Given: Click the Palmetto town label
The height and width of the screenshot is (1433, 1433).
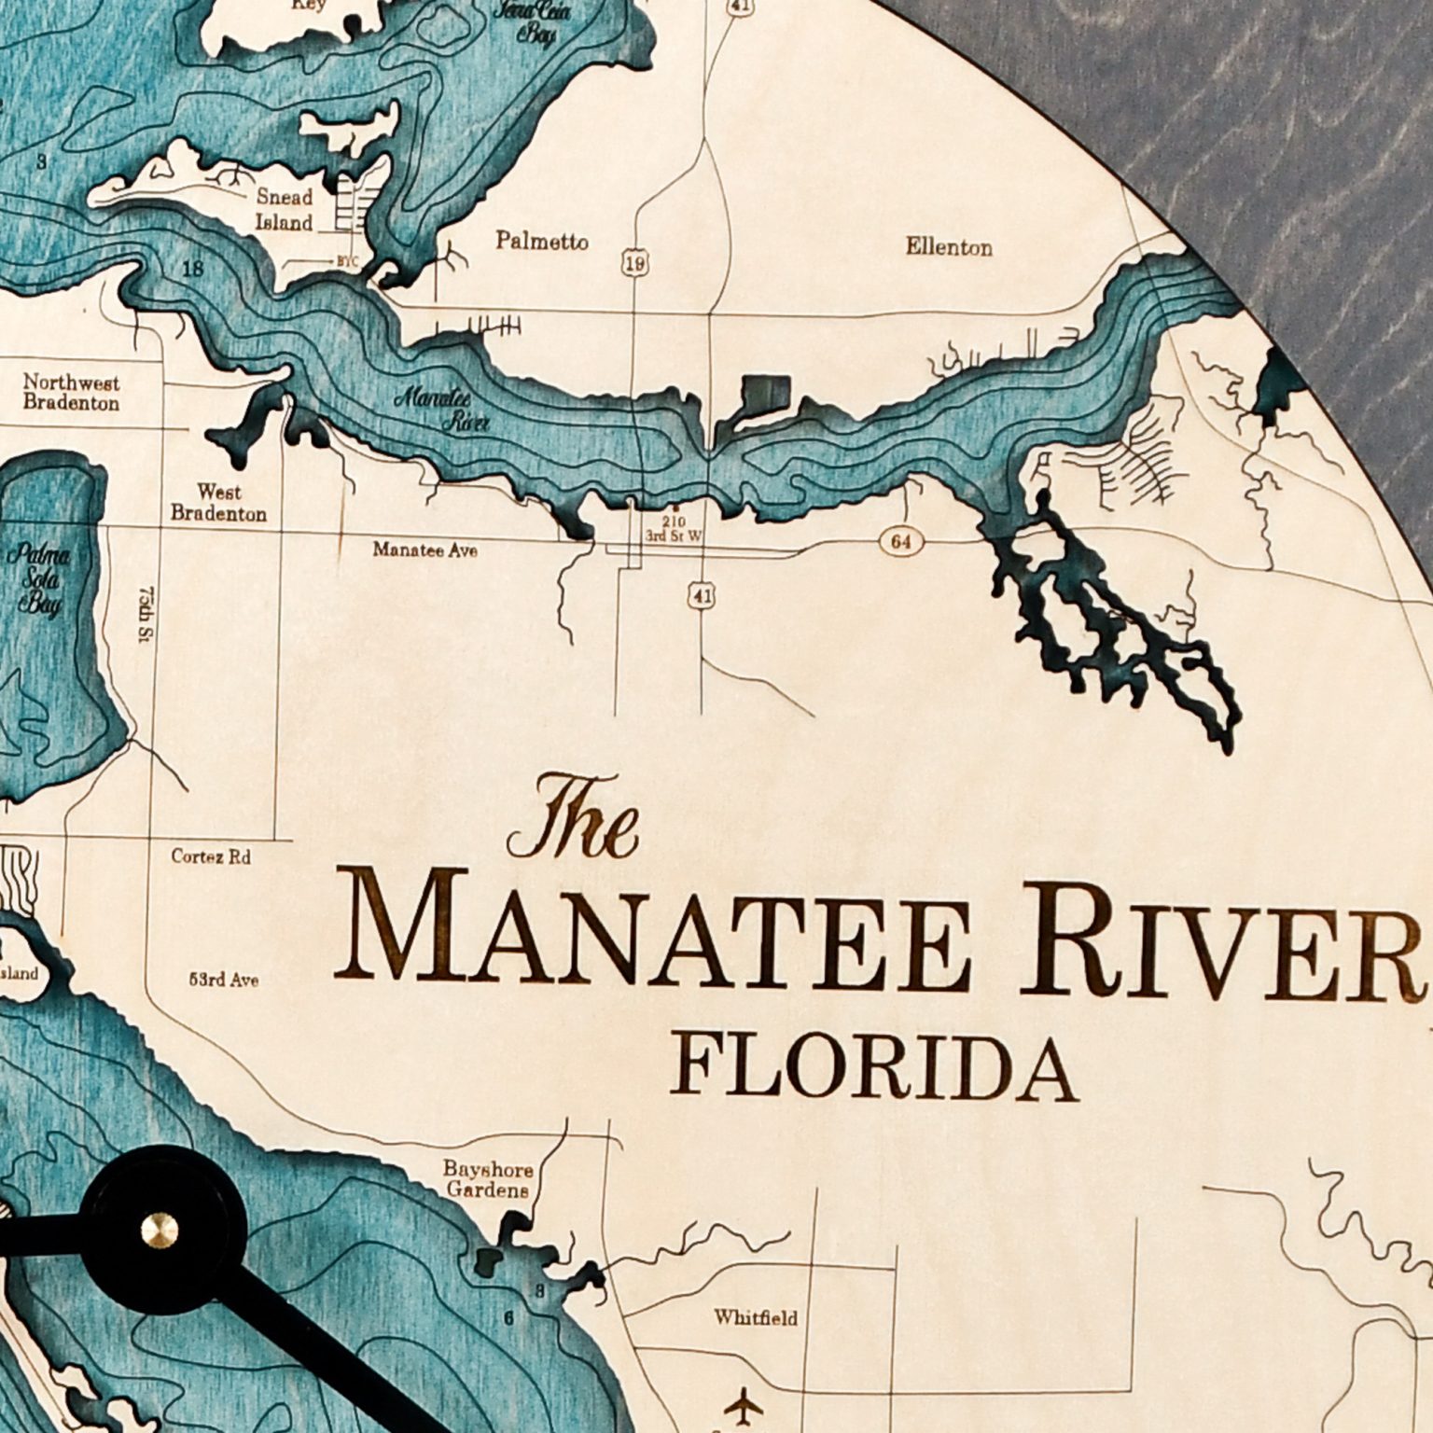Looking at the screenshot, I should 542,242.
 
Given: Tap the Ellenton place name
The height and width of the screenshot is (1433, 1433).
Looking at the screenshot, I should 948,247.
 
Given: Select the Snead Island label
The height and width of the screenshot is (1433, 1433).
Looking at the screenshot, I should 285,210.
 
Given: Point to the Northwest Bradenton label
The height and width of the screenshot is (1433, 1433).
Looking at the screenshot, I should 72,393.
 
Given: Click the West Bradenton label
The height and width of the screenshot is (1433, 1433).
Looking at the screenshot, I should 218,503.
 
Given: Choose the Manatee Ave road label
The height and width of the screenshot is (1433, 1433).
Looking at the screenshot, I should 424,550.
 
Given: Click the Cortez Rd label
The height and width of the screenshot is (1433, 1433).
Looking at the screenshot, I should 211,856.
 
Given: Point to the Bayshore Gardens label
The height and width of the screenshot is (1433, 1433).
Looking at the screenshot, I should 487,1179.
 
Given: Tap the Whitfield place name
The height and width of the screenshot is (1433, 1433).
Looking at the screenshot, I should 756,1318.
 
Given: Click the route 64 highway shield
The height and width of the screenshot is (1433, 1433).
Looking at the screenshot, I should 901,542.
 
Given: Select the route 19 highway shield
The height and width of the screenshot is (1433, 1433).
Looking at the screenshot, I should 634,264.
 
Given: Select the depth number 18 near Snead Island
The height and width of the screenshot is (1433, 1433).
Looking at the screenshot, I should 193,270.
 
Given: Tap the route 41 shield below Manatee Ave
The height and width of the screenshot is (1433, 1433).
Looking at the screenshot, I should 701,594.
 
